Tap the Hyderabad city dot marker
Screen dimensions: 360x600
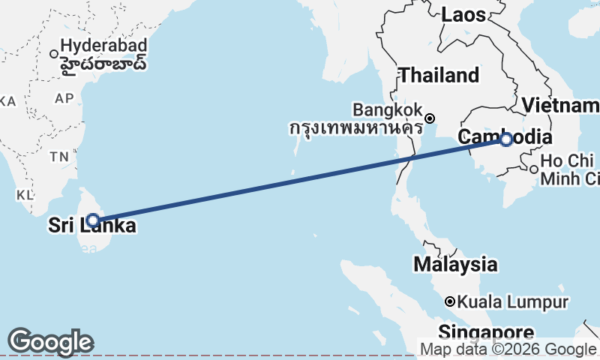point(54,53)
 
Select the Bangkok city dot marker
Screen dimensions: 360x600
point(430,118)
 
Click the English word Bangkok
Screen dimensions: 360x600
point(388,109)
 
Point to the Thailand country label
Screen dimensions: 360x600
point(439,75)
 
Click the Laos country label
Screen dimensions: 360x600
point(463,14)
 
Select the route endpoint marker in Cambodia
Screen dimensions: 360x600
point(506,139)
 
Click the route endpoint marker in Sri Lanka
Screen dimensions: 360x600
point(93,220)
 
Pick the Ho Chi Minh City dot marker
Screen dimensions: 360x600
point(533,169)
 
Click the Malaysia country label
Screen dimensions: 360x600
point(455,264)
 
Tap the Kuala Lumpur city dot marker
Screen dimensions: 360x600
point(450,301)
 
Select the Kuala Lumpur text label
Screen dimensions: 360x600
point(512,302)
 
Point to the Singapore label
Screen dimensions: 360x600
point(487,332)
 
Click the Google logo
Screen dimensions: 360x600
point(50,342)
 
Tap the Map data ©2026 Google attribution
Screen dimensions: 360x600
point(508,349)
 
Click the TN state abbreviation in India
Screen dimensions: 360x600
point(58,156)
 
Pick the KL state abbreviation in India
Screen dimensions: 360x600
point(25,195)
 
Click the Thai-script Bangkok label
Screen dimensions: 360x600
point(355,128)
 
